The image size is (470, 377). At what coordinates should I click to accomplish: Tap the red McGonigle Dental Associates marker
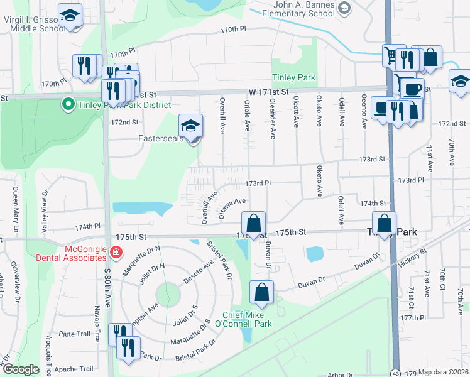click(x=115, y=253)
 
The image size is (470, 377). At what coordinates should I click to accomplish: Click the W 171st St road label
click(x=268, y=92)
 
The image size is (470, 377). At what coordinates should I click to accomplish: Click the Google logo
click(x=21, y=369)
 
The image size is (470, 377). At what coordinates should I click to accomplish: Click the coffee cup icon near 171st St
click(x=412, y=89)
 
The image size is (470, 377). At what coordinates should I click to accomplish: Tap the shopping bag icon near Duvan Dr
click(x=261, y=292)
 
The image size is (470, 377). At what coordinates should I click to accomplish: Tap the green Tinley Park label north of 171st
click(x=293, y=79)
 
